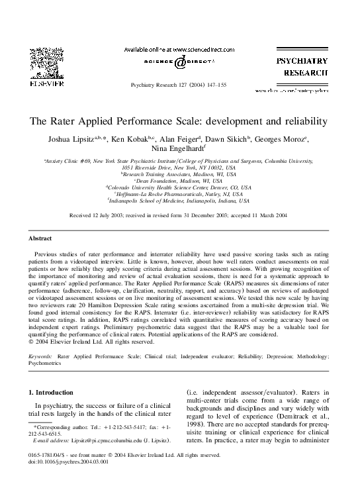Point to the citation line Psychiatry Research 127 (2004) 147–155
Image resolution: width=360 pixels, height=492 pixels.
[179, 85]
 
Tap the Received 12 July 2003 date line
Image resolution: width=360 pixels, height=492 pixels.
[179, 216]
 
